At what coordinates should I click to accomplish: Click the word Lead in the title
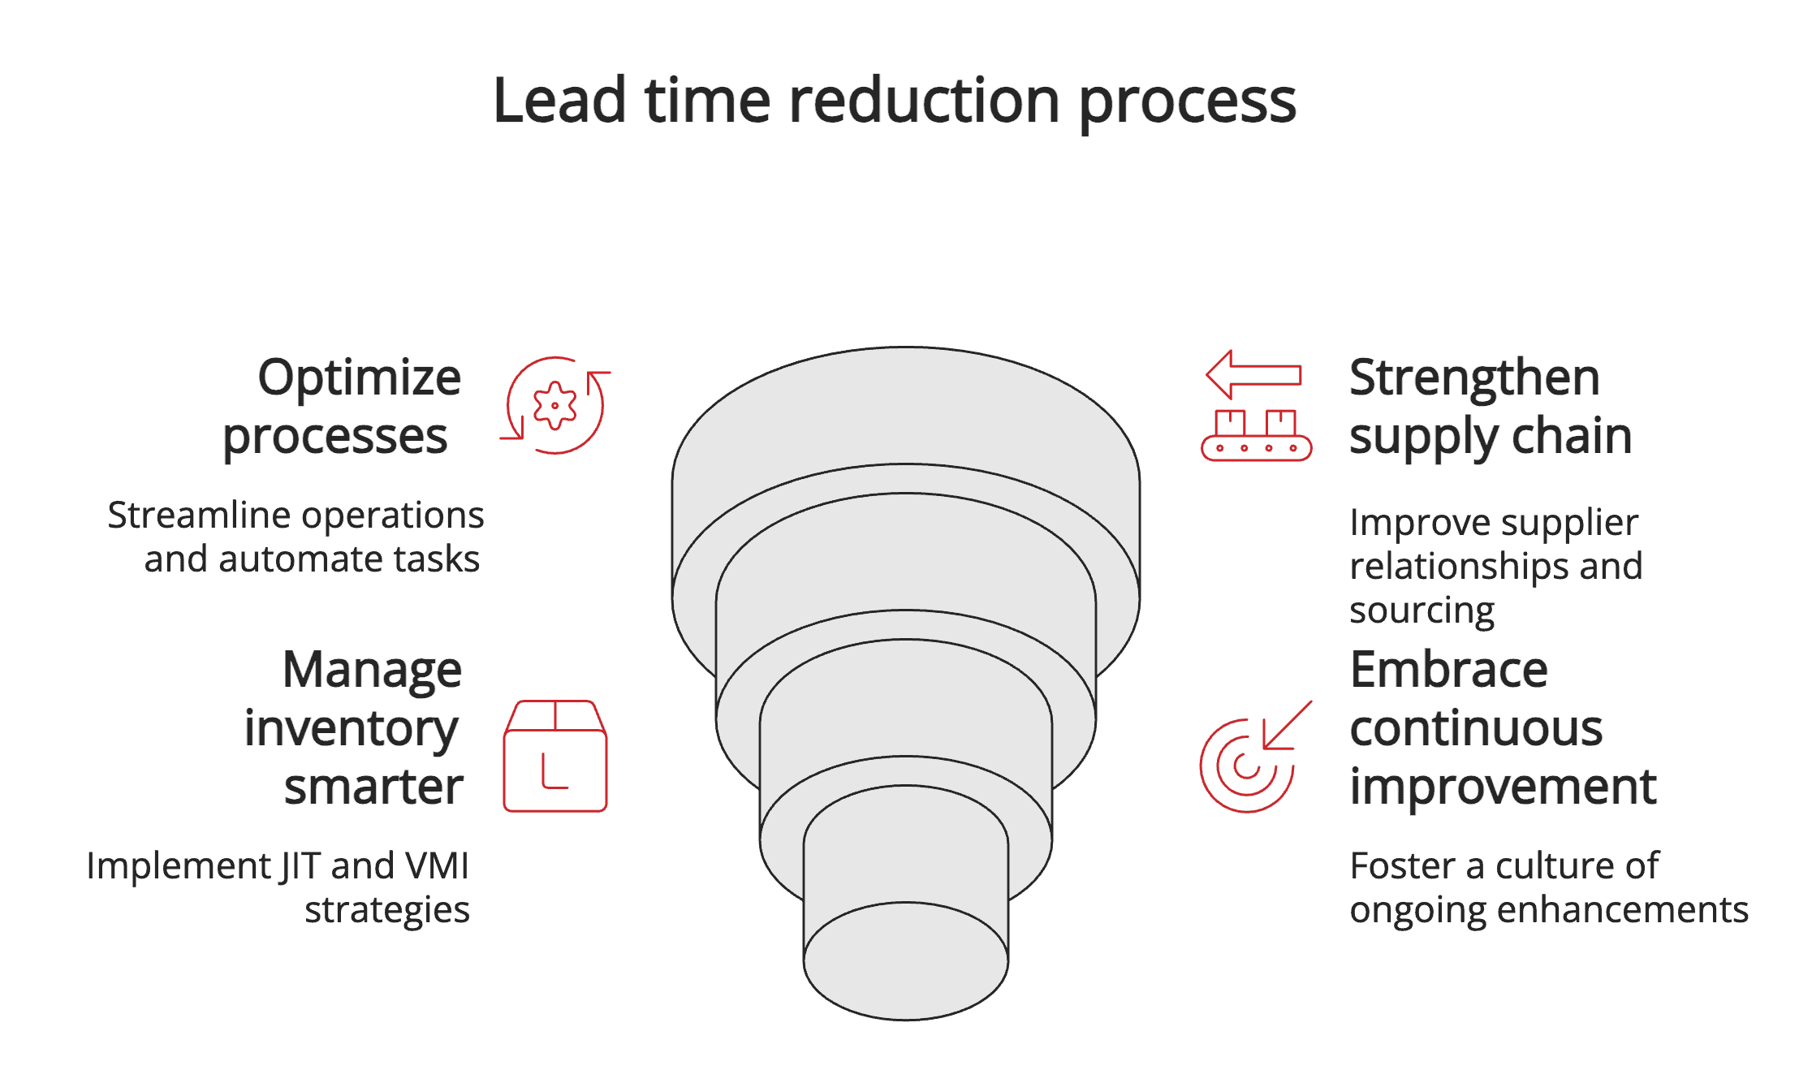559,101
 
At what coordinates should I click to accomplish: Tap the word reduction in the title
925,101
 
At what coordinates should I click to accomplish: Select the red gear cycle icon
555,405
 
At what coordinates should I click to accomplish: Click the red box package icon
555,756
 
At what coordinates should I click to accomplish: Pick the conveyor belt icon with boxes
1256,437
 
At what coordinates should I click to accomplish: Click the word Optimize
360,378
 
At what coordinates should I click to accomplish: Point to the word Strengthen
1474,378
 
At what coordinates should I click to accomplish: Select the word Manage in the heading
372,671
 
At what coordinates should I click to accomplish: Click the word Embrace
1449,671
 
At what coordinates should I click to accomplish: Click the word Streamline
199,516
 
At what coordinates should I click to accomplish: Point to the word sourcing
1422,611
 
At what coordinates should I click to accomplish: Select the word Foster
1403,866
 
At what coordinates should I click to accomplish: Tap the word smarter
373,787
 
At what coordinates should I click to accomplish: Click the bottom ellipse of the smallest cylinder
906,961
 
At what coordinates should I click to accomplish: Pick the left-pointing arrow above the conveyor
1253,374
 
